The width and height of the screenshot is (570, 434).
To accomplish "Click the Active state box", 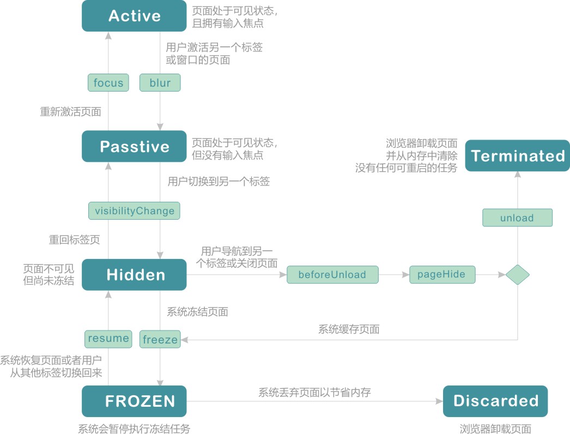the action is [134, 16].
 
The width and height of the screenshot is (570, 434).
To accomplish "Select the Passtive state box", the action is [134, 146].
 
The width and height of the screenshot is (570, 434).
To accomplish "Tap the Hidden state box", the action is [134, 275].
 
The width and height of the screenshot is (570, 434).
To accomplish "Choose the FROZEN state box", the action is [134, 401].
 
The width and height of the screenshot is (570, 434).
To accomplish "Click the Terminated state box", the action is [518, 156].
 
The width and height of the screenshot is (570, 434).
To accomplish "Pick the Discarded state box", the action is [495, 401].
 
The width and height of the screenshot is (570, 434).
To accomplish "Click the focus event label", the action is [108, 82].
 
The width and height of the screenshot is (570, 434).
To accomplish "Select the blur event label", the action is [160, 82].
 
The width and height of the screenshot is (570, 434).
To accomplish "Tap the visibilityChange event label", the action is [134, 210].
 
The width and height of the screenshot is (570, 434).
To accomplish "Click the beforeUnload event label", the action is [332, 275].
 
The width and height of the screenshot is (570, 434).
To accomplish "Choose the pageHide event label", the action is [442, 275].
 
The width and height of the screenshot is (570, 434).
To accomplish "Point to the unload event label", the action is [517, 218].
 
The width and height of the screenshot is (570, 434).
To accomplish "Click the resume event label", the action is [108, 339].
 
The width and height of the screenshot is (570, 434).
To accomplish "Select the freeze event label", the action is [160, 339].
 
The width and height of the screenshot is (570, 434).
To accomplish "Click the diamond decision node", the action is [517, 275].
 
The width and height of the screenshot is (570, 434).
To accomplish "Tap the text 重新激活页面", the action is [70, 112].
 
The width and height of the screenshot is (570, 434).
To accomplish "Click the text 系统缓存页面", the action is [349, 329].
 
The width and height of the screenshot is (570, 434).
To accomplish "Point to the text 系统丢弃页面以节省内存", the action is [315, 392].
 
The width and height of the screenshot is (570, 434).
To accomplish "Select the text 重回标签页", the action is [74, 240].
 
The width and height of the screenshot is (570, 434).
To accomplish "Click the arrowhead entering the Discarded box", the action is [440, 401].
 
